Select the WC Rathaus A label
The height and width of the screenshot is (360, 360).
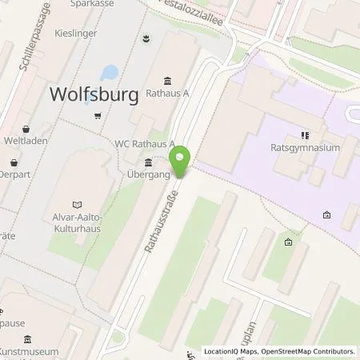coord(143,144)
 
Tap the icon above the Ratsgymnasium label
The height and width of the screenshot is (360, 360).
coord(303,135)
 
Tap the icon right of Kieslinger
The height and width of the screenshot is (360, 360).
coord(146,38)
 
